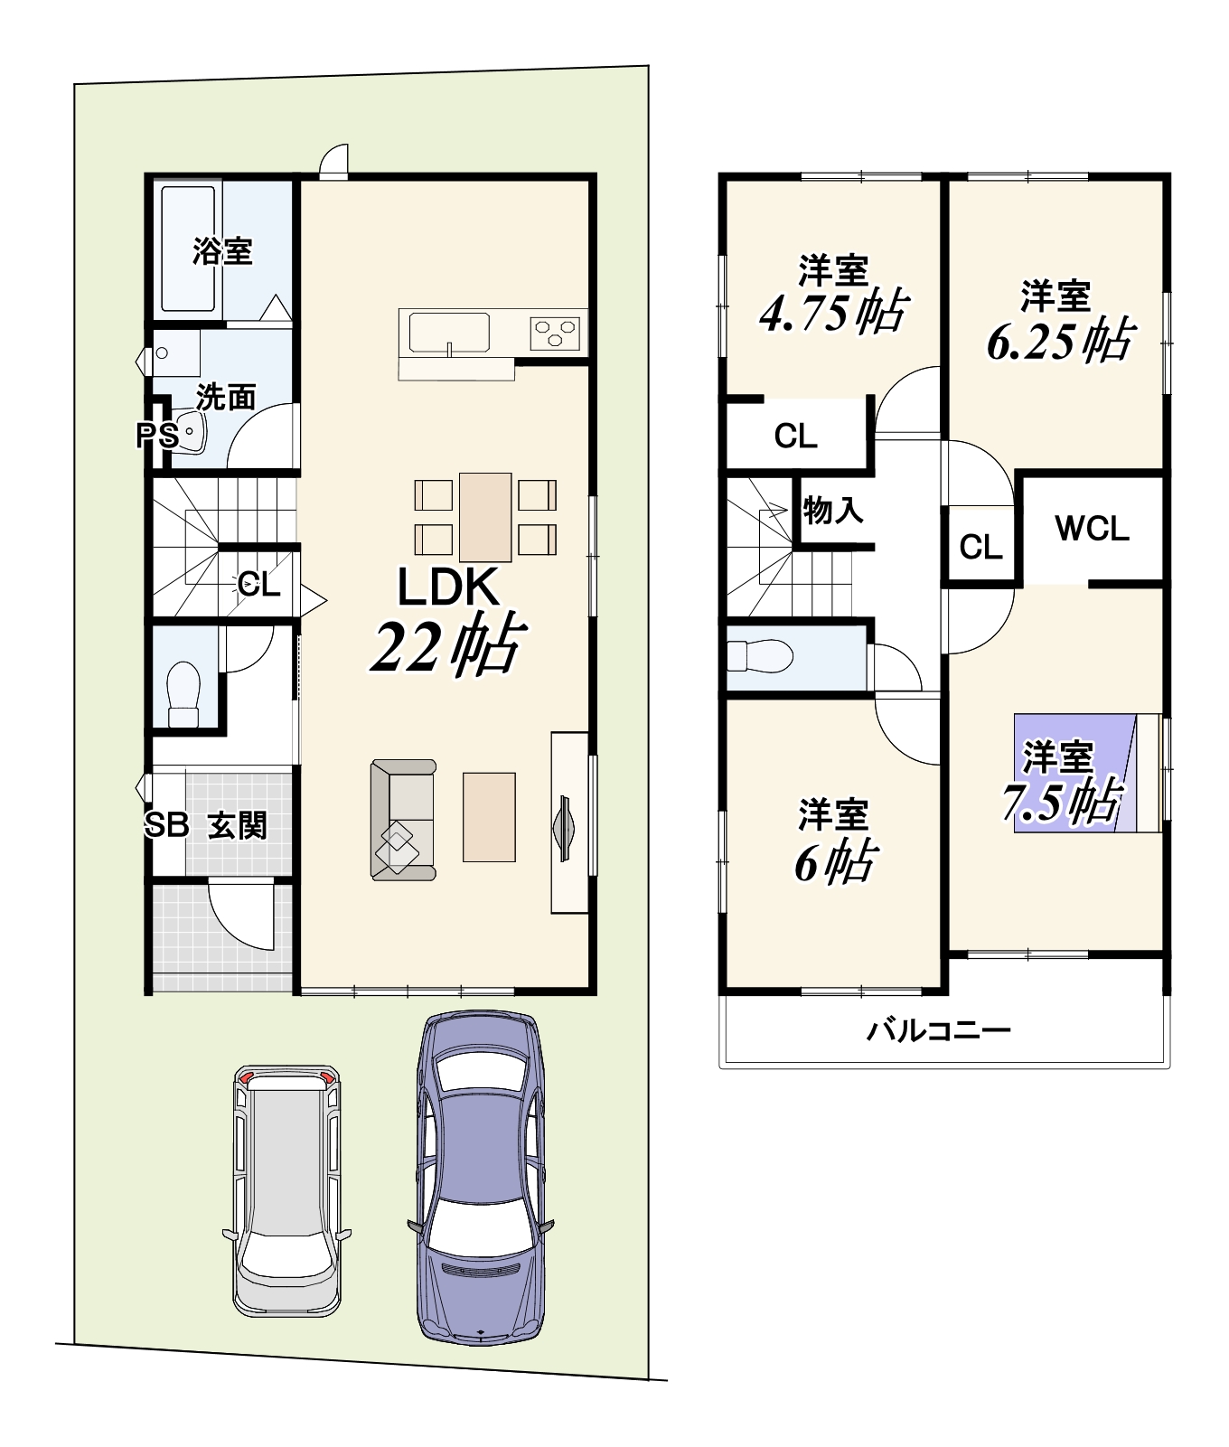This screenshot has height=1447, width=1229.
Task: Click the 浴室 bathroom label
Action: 221,250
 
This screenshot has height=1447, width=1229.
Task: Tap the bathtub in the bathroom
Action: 188,249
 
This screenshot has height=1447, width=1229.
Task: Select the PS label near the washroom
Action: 156,437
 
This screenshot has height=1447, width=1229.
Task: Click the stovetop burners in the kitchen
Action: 555,332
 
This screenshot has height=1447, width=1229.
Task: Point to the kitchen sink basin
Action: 449,332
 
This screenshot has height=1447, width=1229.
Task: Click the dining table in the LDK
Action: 485,517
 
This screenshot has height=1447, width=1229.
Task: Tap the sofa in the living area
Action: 403,819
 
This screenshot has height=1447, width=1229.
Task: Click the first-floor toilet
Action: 183,694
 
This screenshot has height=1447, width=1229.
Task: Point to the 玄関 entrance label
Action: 238,825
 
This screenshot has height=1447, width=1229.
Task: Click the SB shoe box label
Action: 166,824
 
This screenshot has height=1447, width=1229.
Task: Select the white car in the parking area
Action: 287,1189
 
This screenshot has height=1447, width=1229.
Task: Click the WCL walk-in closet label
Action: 1092,529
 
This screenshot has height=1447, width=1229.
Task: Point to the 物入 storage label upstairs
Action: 832,511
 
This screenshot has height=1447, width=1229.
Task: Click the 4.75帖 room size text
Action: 832,313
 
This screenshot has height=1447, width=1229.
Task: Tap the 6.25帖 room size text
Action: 1058,342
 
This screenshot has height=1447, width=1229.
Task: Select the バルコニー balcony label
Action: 939,1029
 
